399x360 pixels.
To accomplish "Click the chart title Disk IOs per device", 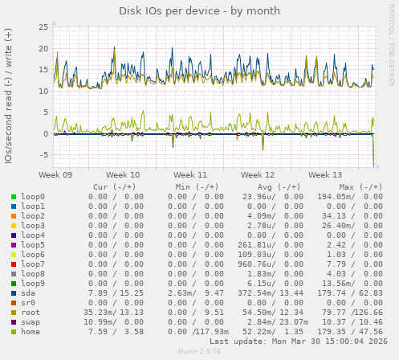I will tap(199, 10).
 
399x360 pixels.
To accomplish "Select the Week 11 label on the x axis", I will tap(190, 174).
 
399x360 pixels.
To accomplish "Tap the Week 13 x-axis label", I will tap(324, 174).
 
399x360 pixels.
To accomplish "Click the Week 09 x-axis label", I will tap(55, 174).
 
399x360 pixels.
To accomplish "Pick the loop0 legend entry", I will tap(33, 197).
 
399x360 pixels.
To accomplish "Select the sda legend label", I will tap(29, 293).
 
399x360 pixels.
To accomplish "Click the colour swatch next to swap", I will tap(14, 322).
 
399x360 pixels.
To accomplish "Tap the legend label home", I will tap(31, 332).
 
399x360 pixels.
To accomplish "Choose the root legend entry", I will tap(31, 313).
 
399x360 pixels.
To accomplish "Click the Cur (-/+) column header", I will tap(117, 186).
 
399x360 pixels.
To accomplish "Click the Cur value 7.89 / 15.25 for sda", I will tap(116, 293).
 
